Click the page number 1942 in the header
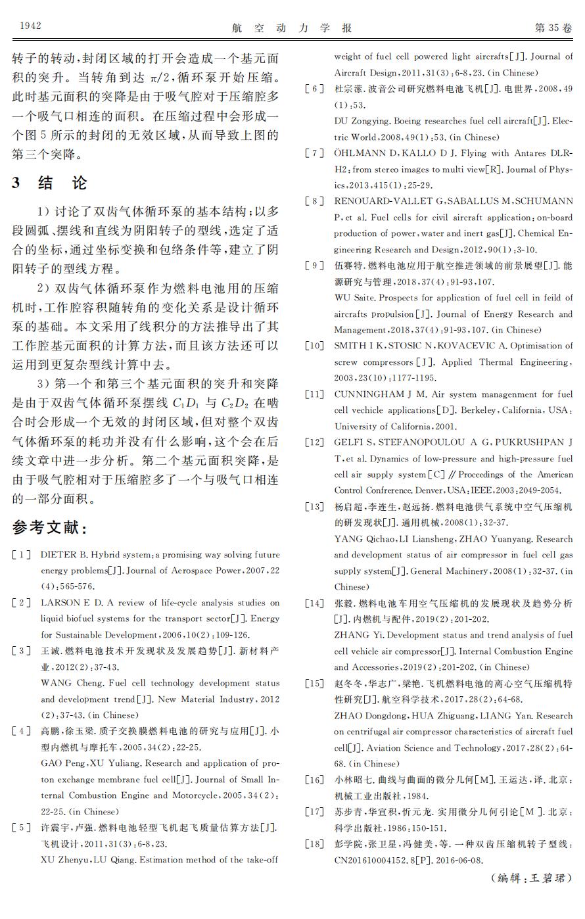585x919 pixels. [31, 26]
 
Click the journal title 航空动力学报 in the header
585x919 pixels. [292, 28]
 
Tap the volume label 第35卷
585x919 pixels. [553, 28]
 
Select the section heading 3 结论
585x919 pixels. [49, 183]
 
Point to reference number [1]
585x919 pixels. [22, 555]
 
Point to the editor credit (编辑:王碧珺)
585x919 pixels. [530, 878]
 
